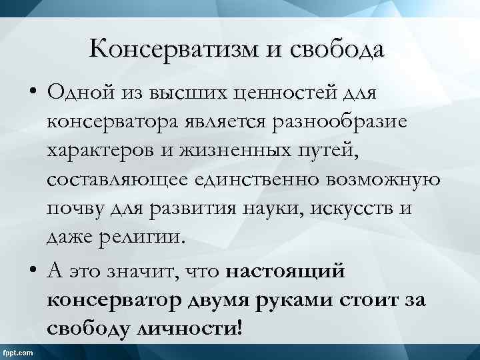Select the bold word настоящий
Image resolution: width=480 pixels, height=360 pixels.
coord(294,272)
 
